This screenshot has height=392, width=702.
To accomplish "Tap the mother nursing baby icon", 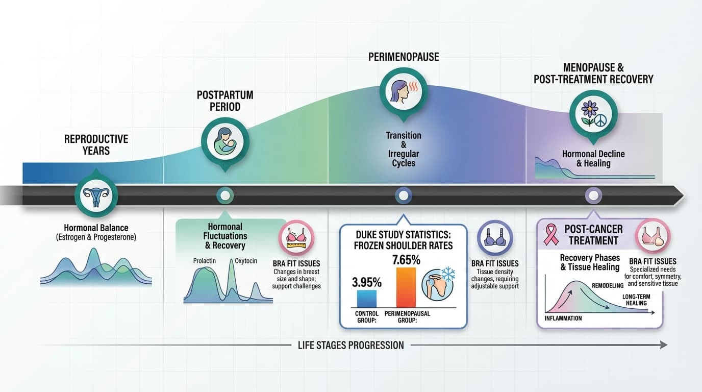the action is point(225,141).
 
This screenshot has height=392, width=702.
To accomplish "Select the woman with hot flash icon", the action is point(403,91).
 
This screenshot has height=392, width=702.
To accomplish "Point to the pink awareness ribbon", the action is point(551,234).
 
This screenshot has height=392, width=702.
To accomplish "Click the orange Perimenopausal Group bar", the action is point(406,287).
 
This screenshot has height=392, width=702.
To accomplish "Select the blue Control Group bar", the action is point(367,299).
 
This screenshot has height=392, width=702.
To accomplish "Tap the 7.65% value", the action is point(406,260).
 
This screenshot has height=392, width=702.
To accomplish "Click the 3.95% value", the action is point(367,282).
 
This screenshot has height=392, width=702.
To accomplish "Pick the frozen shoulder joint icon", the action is point(438,284).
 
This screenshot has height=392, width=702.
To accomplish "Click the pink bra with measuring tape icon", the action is point(296,237).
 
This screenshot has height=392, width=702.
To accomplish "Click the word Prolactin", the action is point(205,261).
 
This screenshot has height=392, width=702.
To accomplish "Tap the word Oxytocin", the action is point(246,261).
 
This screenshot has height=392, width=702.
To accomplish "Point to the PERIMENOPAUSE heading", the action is point(404,57).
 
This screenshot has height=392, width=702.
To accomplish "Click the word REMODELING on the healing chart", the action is point(608,285).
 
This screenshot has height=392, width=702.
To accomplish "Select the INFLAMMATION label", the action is point(563,318).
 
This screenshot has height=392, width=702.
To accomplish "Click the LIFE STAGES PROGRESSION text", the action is point(350,345).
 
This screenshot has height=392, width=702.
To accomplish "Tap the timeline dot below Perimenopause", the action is point(404,195).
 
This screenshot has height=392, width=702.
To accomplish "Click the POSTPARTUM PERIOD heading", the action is point(225,101).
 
